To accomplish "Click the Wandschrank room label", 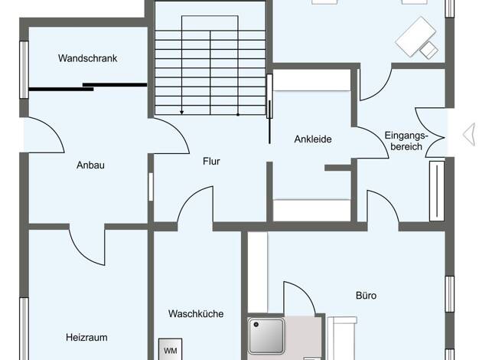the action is coord(88,58).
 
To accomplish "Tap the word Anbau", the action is coord(90,165).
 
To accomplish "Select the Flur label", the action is coord(211,161).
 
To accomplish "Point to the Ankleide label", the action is coord(313,139).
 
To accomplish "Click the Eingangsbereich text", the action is coord(406,141).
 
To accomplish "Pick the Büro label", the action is coord(366,296).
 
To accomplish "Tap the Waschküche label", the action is coord(196,313).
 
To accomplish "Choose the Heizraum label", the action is coord(86,337).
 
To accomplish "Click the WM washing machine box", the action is coord(170,349).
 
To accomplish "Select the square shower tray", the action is coord(266,335).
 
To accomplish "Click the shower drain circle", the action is coord(256,325).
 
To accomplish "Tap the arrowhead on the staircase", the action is coord(182,113).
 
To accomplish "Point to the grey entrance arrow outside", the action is coord(469,134).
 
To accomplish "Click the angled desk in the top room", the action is coord(415,37).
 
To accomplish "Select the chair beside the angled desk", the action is coord(428,50).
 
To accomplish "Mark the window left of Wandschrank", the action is coord(24,70).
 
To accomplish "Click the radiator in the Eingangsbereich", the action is coord(437,191).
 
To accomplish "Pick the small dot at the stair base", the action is coord(238,115).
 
